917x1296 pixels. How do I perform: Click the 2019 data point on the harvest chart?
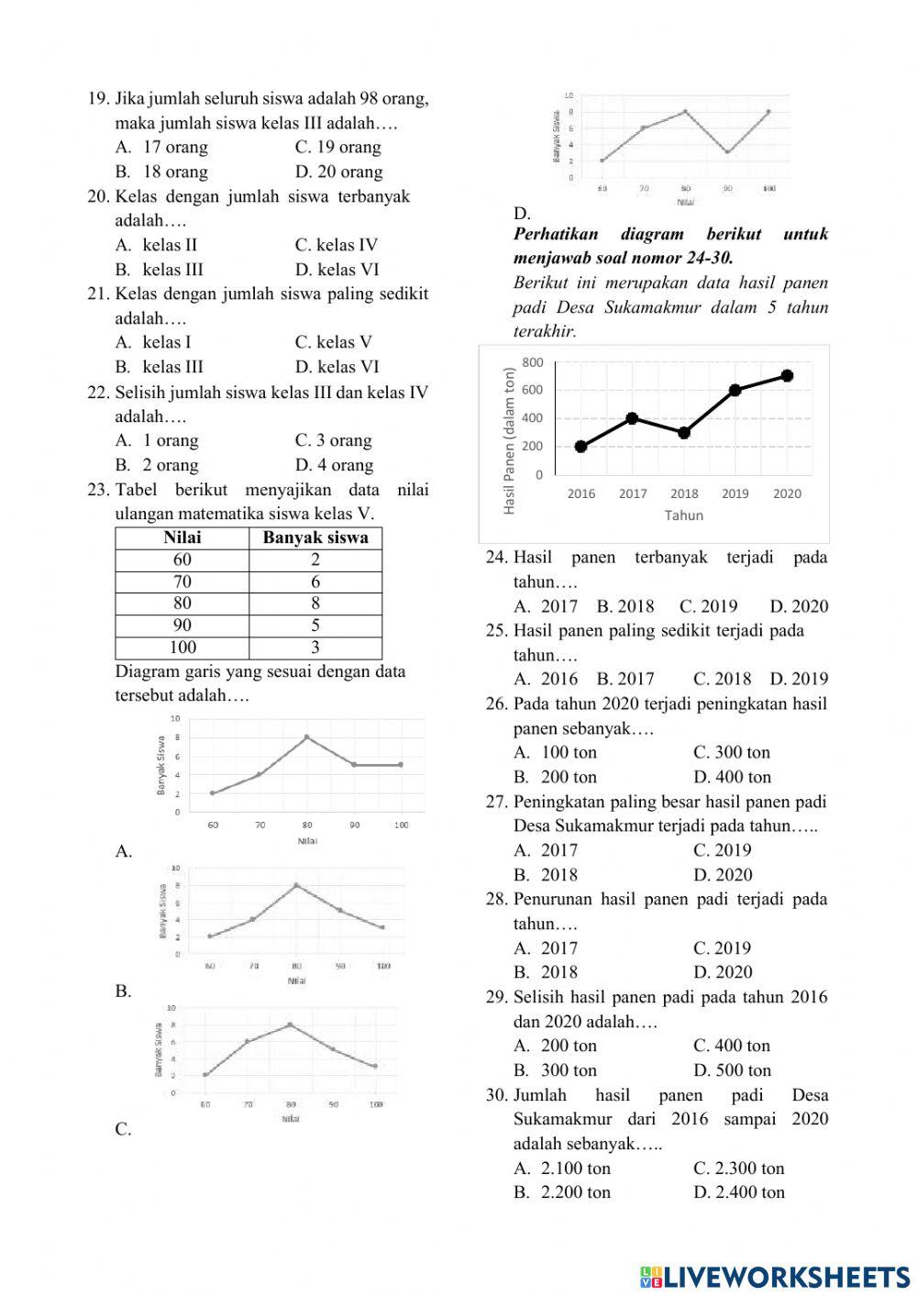pos(735,391)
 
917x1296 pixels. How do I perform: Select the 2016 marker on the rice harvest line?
pos(581,447)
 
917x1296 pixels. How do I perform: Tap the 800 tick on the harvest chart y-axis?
pos(533,363)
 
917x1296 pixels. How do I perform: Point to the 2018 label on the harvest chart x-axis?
pos(684,494)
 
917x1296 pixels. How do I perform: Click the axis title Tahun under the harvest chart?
pos(684,515)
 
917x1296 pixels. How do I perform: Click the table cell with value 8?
pos(315,604)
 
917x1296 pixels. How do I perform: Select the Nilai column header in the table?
pos(182,538)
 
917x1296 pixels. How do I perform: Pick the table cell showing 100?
pos(182,648)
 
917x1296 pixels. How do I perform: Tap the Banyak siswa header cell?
pos(315,538)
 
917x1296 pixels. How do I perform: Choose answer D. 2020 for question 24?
pos(799,606)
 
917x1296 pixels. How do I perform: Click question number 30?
pos(497,1095)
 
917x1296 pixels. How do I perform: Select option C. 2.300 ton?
pos(739,1169)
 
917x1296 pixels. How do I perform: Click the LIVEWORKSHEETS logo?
pos(775,1276)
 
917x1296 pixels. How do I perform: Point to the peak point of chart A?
pos(307,737)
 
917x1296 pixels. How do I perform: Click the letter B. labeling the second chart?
pos(124,991)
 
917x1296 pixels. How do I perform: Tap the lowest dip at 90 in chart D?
pos(727,151)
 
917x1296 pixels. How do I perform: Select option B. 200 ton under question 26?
pos(556,778)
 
